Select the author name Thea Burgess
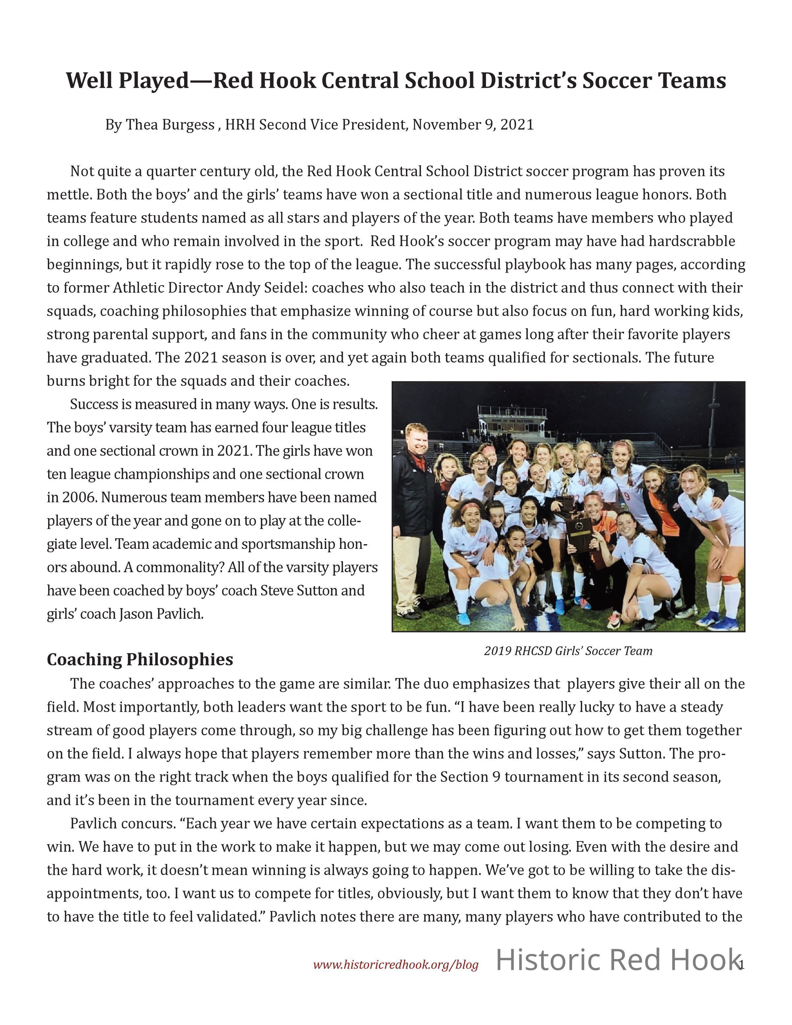coord(170,125)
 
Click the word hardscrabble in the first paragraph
coord(692,241)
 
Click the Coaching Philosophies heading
coord(140,659)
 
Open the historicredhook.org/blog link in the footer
coord(396,965)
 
